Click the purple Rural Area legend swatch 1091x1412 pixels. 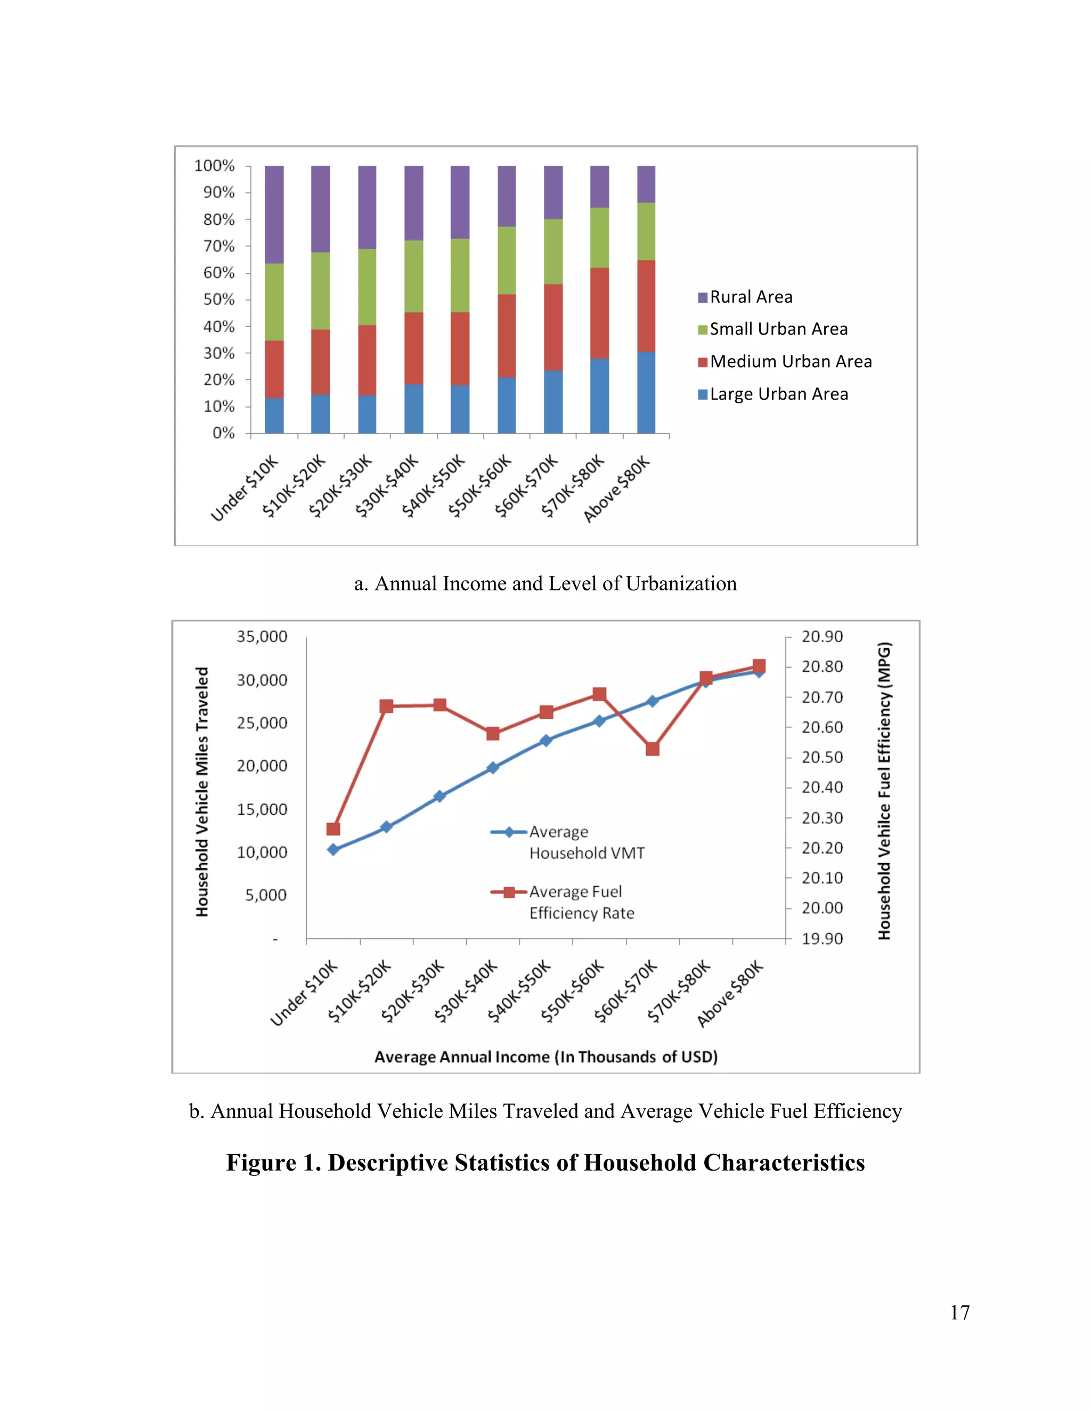click(703, 297)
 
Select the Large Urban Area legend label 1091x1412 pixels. click(779, 394)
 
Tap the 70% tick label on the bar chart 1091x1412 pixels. click(218, 246)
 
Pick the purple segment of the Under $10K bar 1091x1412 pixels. click(274, 214)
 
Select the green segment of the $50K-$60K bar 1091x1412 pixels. click(507, 260)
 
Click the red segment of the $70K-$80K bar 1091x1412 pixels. click(599, 312)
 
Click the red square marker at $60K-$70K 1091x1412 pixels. click(652, 749)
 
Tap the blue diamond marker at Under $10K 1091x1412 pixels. click(333, 849)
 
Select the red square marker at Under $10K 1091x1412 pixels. click(333, 829)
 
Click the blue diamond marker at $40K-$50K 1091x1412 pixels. click(546, 740)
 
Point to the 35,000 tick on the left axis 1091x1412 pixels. click(262, 637)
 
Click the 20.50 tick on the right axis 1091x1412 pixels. click(822, 757)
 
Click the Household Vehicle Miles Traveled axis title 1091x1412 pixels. click(202, 791)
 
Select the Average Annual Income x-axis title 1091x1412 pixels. click(546, 1057)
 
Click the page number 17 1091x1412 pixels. click(960, 1312)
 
